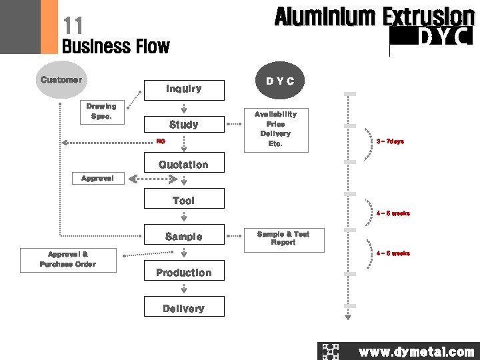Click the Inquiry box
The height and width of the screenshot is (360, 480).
coord(184,89)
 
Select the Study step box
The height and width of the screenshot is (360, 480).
coord(184,125)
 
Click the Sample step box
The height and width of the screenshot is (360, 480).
coord(184,237)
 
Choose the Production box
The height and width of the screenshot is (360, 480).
coord(184,273)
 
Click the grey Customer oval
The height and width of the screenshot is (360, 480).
coord(61,80)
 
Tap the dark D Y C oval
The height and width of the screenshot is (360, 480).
coord(280,81)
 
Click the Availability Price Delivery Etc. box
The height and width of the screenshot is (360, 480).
coord(275,129)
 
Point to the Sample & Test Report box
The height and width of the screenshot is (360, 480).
coord(283,239)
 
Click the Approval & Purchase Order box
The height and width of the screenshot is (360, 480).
coord(67,259)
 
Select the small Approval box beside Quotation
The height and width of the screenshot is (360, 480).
coord(97,179)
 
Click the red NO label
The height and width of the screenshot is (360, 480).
coord(160,141)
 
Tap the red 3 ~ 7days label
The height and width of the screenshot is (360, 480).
coord(390,141)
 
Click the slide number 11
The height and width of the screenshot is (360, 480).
coord(73,26)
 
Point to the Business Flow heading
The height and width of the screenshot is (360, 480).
coord(115,47)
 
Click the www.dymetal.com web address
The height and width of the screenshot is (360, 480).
coord(416,352)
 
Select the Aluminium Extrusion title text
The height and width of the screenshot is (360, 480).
coord(374,16)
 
